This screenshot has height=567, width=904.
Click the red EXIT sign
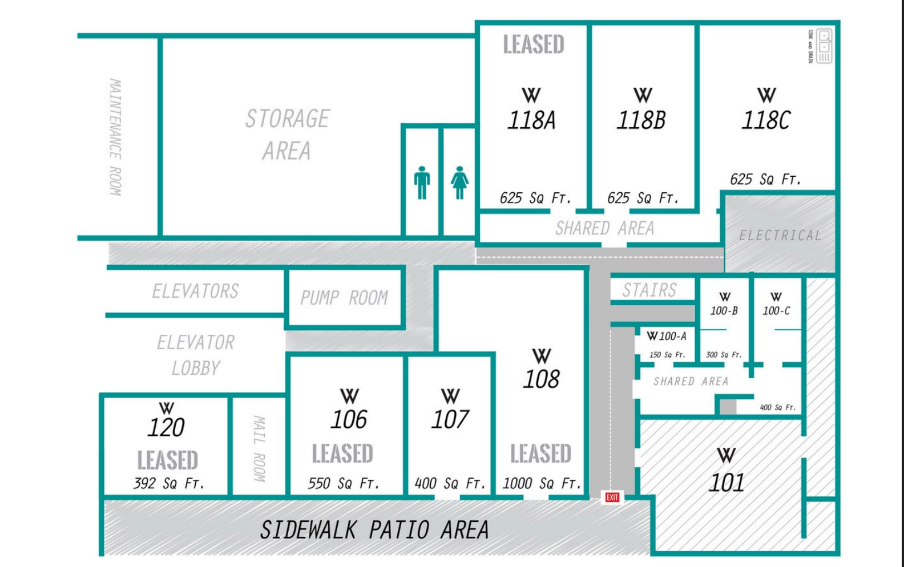coord(612,497)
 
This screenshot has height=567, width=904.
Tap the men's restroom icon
coord(422,183)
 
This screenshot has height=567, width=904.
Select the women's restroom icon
coord(459,183)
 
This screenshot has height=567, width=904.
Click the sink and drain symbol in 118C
coord(824,46)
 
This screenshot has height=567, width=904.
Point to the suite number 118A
coord(531,120)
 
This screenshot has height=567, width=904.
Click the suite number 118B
coord(641,120)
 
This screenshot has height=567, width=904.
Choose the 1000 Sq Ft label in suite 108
coord(541,484)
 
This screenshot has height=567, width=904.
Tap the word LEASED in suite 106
coord(342,453)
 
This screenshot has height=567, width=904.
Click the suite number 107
coord(450,420)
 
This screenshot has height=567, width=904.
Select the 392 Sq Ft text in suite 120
coord(168,484)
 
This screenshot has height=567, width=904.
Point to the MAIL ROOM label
coord(259,448)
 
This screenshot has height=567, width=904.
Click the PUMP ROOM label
coord(344,298)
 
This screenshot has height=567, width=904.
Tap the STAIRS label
coord(649,290)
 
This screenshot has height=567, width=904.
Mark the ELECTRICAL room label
coord(780,236)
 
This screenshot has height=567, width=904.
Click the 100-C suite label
coord(776,311)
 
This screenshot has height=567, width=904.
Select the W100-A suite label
coord(667,337)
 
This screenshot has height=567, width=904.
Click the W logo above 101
coord(726,455)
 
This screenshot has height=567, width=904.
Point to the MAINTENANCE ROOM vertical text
coord(115,137)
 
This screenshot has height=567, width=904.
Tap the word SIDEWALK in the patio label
coord(308,530)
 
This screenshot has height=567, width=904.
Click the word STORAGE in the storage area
coord(288,119)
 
